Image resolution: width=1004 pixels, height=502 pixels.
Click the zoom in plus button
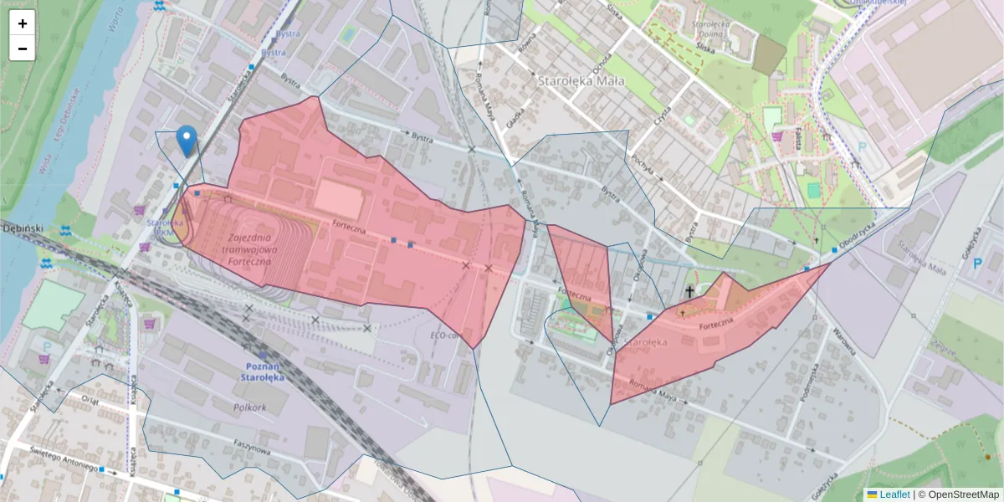coord(23,23)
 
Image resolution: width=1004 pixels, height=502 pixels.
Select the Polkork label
coord(250,407)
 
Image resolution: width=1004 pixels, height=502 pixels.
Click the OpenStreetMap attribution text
coord(964,494)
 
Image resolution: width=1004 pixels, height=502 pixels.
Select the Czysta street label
coord(664,114)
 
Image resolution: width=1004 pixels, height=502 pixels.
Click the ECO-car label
coord(445,336)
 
